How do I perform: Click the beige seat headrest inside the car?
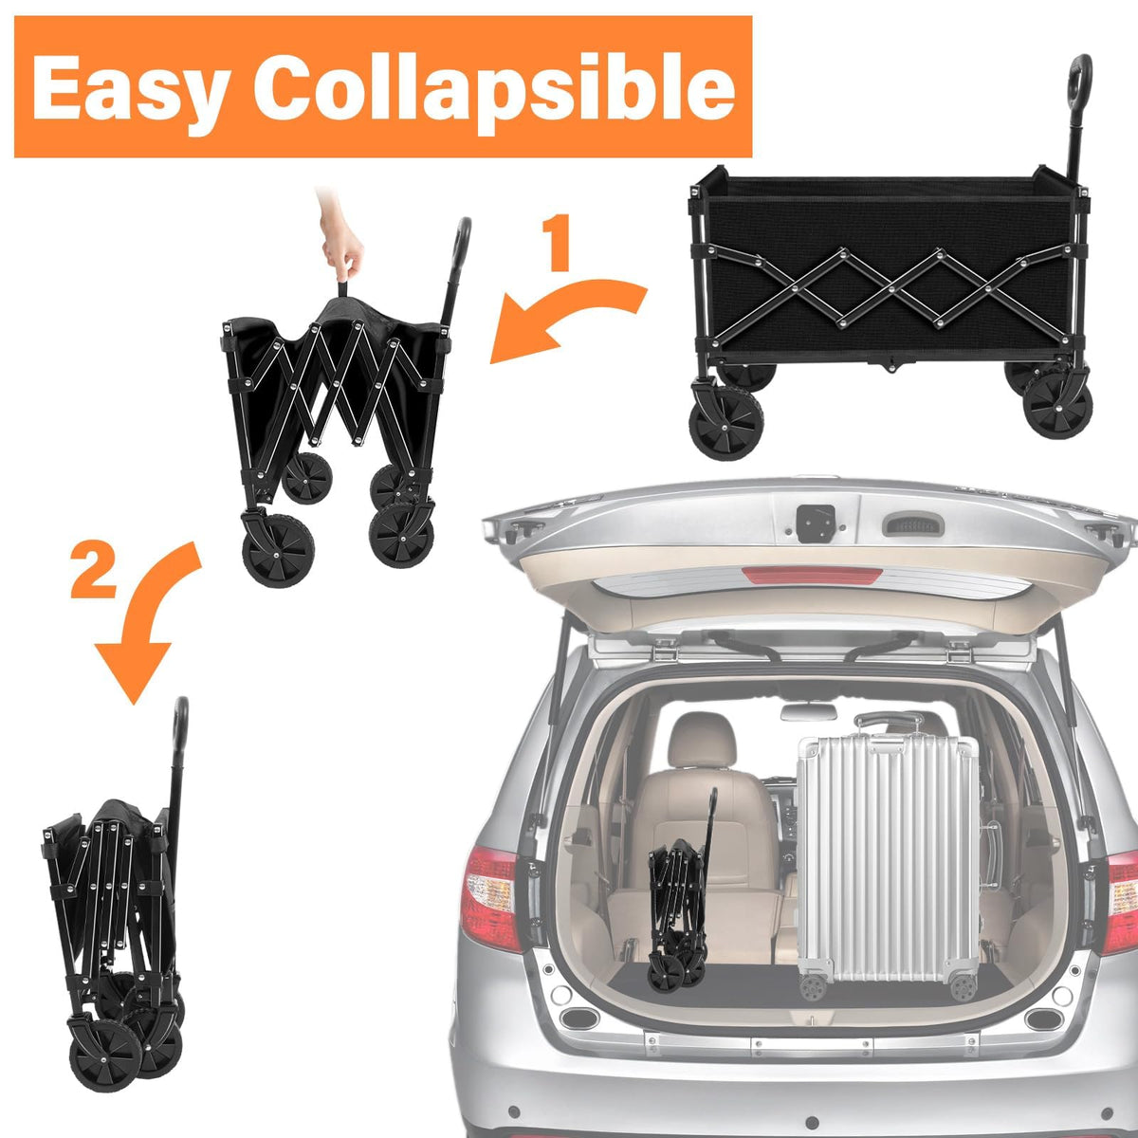(702, 743)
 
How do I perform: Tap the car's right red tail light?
(1120, 902)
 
